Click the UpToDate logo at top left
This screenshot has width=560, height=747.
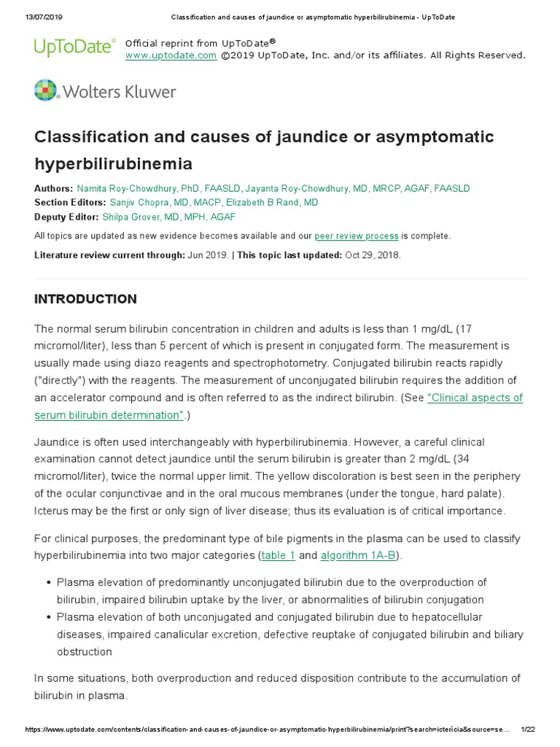click(74, 47)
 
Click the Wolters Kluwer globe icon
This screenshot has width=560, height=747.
click(46, 90)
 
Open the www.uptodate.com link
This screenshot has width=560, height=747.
click(171, 55)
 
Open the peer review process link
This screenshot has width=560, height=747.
click(357, 236)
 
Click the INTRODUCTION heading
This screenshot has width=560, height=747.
click(85, 299)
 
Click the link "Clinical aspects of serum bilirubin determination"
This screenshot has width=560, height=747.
click(279, 406)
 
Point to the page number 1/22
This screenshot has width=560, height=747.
click(527, 729)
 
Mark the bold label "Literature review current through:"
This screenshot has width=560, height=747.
click(109, 255)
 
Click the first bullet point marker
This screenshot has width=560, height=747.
click(48, 582)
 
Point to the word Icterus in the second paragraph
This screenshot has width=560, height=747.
click(52, 511)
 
